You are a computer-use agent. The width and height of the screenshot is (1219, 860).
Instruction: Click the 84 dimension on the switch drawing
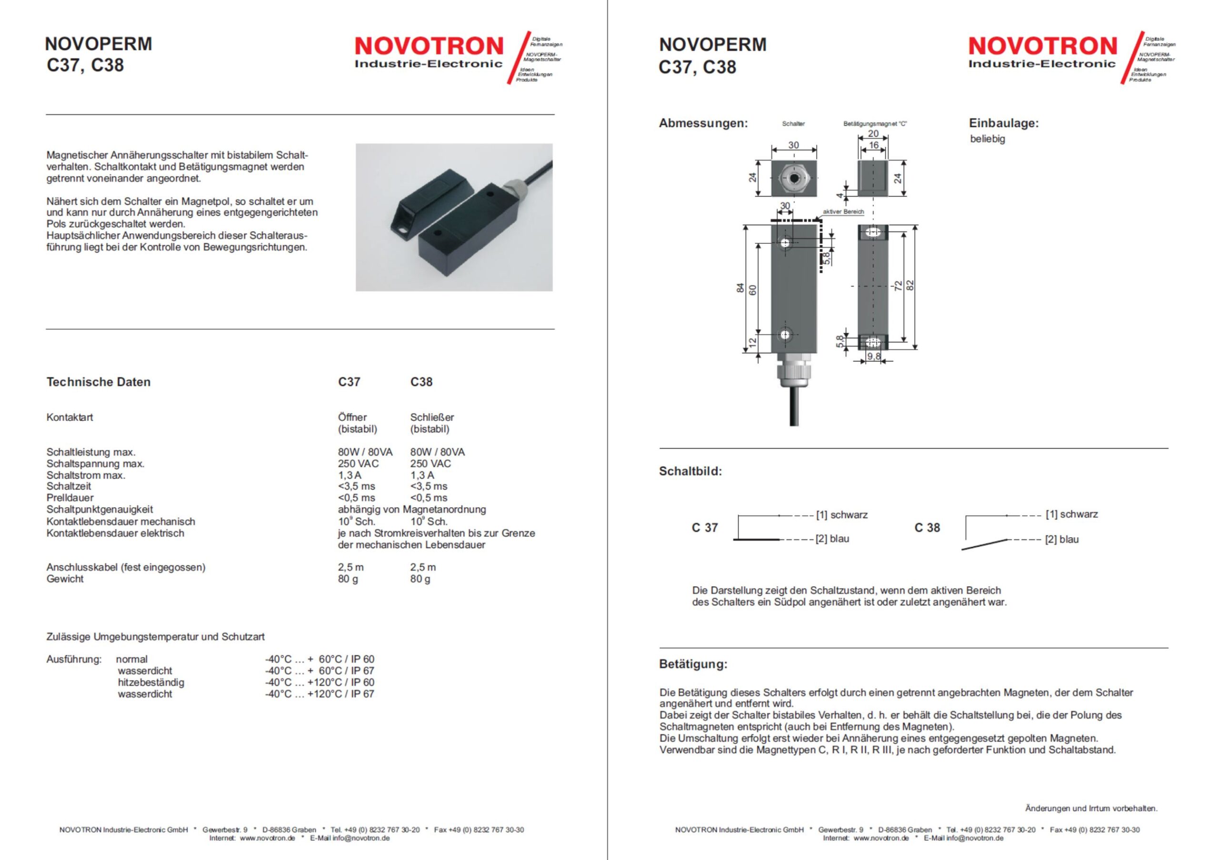739,288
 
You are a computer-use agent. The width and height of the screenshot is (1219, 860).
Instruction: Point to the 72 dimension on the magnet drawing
898,286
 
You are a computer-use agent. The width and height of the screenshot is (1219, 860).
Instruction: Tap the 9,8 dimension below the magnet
873,357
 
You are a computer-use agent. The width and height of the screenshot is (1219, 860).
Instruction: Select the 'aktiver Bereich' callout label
843,212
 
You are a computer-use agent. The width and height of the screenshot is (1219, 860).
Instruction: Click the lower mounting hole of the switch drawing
785,335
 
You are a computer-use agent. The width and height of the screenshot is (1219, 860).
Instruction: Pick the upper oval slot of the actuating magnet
873,232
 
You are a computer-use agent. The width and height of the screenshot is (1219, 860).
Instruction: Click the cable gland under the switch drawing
793,374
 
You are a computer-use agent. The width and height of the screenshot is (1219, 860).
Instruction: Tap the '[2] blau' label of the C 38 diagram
1062,540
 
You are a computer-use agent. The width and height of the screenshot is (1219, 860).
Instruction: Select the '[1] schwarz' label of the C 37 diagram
841,514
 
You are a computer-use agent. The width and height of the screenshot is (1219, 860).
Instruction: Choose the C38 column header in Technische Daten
421,382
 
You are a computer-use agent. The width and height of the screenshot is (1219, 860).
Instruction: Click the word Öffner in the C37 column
352,417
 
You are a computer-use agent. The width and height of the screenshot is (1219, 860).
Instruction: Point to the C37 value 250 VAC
359,463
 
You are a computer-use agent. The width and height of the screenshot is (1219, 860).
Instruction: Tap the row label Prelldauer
70,498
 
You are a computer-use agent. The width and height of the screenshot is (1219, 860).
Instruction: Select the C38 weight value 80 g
420,579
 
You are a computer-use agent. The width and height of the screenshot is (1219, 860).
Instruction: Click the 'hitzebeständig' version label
151,682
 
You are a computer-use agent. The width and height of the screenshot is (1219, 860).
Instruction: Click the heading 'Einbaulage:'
1003,123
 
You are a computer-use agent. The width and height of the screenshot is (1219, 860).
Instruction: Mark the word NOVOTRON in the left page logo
429,46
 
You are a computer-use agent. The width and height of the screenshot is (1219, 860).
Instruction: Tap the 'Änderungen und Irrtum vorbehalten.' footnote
1091,809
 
